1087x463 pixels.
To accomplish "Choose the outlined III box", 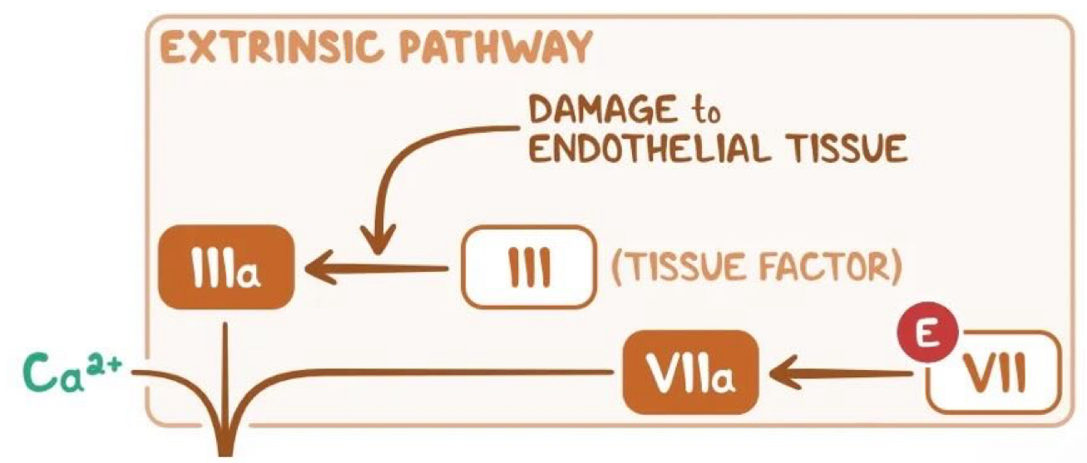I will point(527,268).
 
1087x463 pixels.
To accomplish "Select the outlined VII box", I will point(993,376).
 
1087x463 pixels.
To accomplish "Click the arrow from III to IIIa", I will point(374,268).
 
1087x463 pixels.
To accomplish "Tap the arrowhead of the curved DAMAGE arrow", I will point(377,241).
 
